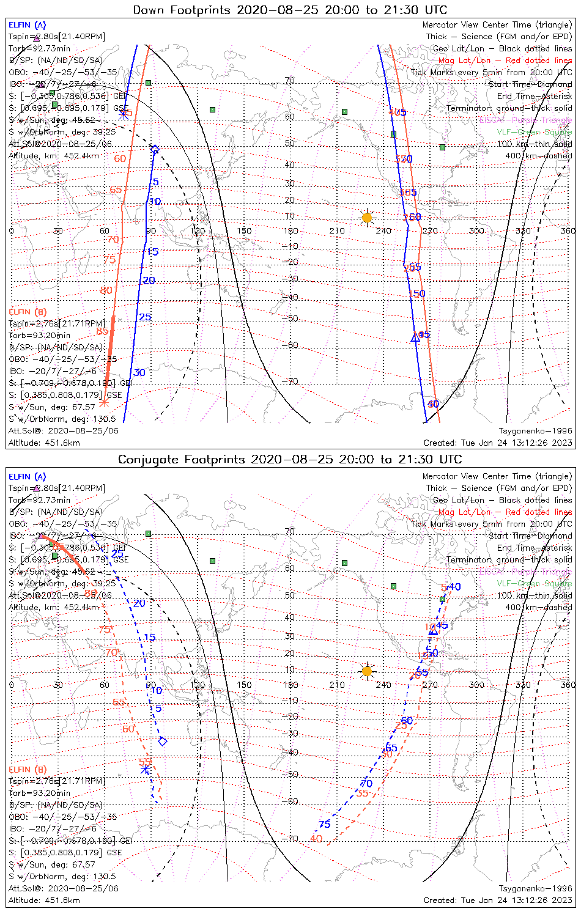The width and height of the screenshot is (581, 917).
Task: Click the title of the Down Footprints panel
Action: point(290,10)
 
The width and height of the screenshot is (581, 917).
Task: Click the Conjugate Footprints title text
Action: point(290,459)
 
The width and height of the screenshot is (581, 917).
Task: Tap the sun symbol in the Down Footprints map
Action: point(366,218)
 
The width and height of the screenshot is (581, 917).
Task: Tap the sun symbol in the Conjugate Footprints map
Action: point(366,671)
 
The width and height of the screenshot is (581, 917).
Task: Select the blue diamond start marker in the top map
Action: point(155,150)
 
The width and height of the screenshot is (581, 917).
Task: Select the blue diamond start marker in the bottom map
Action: point(163,742)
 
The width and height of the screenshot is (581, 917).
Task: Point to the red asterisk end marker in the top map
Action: point(104,402)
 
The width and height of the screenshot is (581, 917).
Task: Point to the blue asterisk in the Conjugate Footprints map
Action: point(145,769)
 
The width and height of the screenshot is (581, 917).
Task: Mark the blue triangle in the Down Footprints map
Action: point(415,337)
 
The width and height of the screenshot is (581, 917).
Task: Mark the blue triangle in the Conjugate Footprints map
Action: point(433,631)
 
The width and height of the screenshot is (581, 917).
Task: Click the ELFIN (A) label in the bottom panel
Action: point(27,477)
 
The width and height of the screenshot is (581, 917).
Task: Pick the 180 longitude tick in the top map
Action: point(290,230)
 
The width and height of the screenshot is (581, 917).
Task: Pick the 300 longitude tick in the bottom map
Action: point(476,685)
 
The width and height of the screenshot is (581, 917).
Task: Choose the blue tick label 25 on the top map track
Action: point(145,317)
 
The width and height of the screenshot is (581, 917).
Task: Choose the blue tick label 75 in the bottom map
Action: point(324,824)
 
